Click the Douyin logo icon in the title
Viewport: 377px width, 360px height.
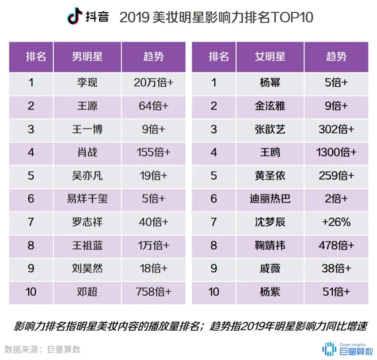click(x=74, y=17)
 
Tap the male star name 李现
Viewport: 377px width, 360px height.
click(x=87, y=83)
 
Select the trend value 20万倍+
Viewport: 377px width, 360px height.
click(x=153, y=83)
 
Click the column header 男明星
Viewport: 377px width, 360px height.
click(x=87, y=57)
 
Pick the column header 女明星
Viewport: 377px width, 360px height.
click(x=270, y=57)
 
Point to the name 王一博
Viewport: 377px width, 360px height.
click(x=87, y=129)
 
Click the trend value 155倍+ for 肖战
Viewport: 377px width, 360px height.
click(x=153, y=153)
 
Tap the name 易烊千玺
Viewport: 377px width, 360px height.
click(x=87, y=199)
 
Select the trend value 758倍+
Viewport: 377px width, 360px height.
click(x=153, y=292)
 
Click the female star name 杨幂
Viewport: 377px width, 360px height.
click(x=270, y=83)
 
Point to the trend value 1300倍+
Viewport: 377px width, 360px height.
click(x=336, y=153)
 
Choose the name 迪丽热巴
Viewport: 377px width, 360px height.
click(x=270, y=199)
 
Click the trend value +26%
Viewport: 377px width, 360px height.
click(x=336, y=222)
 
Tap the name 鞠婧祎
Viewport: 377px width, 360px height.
click(x=270, y=245)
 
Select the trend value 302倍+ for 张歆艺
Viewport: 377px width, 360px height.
click(x=336, y=129)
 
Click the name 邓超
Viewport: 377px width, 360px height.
click(x=87, y=292)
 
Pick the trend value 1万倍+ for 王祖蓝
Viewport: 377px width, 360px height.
click(x=153, y=245)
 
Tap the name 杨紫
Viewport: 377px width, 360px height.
click(x=270, y=292)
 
